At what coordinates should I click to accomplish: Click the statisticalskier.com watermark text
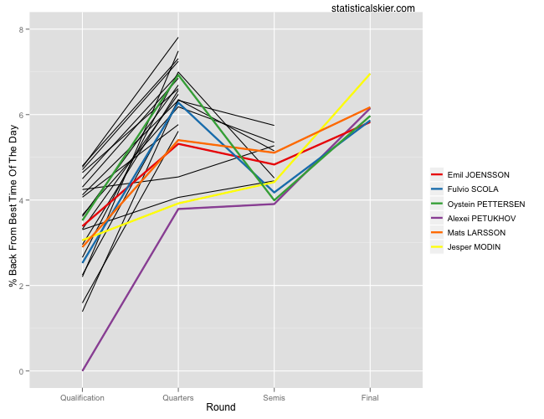(373, 8)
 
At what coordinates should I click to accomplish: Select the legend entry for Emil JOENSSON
(479, 175)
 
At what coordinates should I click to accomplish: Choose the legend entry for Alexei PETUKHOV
(482, 218)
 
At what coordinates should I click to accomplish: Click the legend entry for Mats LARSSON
(476, 232)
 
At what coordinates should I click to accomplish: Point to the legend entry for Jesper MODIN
(475, 246)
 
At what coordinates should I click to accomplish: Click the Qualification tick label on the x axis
(82, 397)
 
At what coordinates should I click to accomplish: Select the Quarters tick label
(177, 397)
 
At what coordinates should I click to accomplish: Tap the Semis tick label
(273, 397)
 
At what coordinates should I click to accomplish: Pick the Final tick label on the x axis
(368, 397)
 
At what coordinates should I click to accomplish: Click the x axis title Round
(220, 408)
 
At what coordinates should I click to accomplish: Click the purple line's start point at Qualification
(82, 370)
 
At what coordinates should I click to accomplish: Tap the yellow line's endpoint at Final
(369, 75)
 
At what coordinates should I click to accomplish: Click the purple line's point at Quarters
(177, 209)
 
